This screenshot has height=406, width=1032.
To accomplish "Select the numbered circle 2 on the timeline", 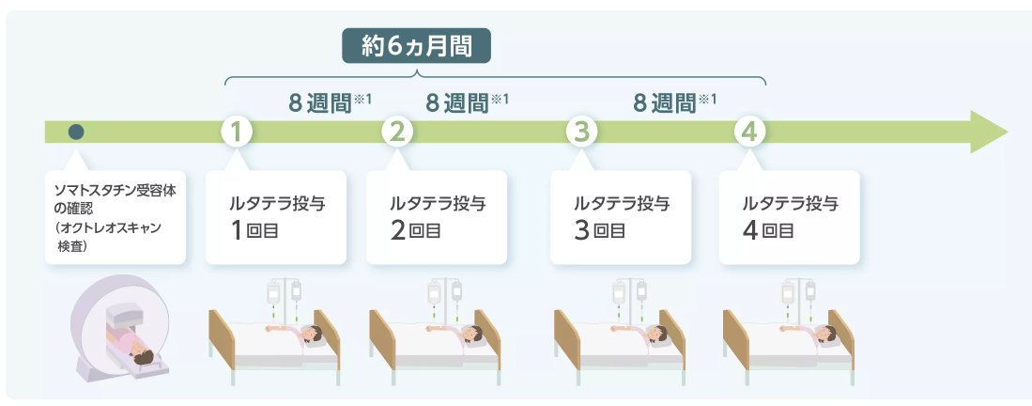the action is [397, 132].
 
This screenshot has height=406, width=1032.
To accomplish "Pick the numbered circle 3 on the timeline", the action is [582, 132].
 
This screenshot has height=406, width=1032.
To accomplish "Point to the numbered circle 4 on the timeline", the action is [748, 132].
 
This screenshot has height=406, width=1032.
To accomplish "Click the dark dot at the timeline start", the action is [77, 132].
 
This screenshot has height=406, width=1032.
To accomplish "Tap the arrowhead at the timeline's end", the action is [987, 132].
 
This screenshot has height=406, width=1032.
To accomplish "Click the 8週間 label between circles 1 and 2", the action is [319, 101].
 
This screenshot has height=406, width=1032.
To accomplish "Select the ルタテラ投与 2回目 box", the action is [436, 216].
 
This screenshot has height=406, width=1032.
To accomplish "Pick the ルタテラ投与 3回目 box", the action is [620, 216].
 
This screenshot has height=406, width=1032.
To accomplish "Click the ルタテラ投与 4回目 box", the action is [789, 216].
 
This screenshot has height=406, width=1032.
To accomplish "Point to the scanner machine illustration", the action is [119, 324].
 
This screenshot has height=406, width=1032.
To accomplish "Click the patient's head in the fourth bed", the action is [827, 332].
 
